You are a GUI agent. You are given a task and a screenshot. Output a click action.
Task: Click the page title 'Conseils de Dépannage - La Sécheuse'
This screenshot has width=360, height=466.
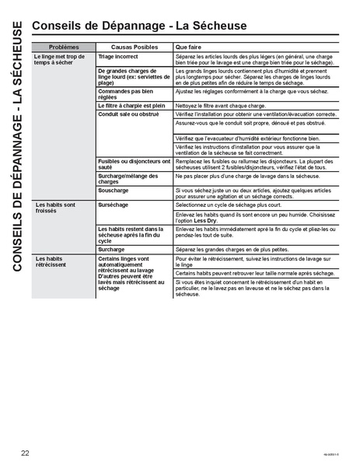point(139,26)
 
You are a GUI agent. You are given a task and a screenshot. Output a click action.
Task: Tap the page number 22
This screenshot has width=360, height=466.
point(26,452)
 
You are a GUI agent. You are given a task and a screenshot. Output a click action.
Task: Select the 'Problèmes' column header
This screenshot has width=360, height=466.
point(62,47)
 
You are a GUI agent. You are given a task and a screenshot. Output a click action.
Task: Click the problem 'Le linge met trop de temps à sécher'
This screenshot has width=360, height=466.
point(58,60)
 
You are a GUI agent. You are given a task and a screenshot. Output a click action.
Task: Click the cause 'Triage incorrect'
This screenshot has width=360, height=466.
point(118,57)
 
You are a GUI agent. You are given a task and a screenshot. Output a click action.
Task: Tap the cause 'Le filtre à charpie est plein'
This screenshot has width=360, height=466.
point(132,104)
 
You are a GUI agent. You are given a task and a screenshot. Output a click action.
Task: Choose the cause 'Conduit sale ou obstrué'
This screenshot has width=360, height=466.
point(128,114)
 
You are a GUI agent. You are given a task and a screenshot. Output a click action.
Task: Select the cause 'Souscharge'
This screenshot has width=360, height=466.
point(114,190)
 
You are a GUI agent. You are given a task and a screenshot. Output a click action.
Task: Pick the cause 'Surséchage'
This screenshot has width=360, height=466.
point(114,204)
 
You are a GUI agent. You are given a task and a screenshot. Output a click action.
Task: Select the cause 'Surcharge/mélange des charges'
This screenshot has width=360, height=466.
point(129,178)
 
